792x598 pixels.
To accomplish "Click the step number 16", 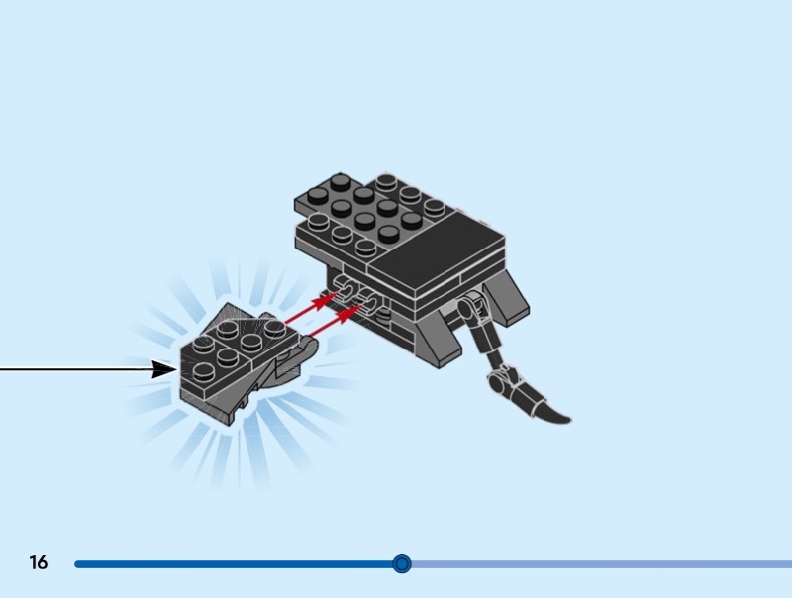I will tap(39, 563).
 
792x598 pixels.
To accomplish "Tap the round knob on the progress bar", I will tap(401, 564).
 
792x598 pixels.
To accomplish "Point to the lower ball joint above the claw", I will tap(502, 374).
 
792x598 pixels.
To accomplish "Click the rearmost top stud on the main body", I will tap(387, 182).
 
